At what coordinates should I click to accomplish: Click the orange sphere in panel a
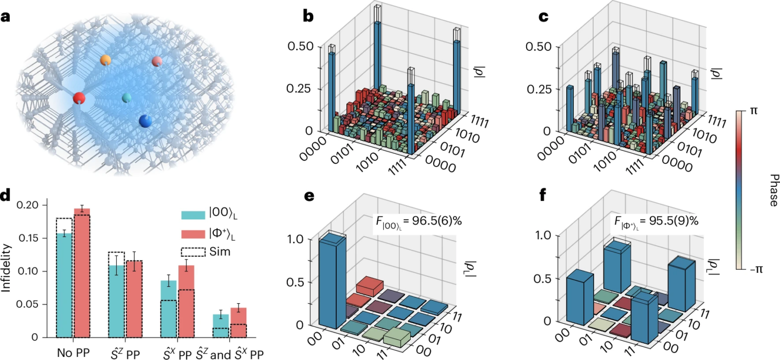[x=106, y=60]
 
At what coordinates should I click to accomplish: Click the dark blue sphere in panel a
[x=146, y=121]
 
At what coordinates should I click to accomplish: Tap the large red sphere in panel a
[x=79, y=98]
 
